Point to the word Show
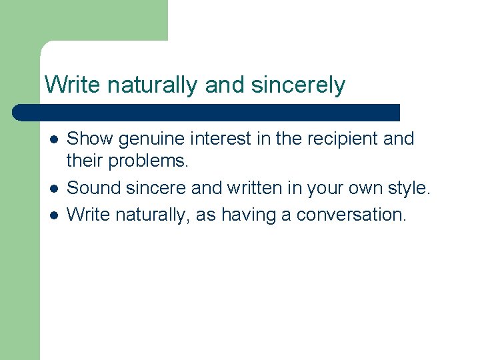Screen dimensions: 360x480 (x=90, y=139)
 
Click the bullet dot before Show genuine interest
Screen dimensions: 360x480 (x=53, y=139)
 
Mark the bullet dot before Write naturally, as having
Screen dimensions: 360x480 (x=53, y=215)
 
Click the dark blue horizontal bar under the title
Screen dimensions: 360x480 (x=207, y=112)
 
